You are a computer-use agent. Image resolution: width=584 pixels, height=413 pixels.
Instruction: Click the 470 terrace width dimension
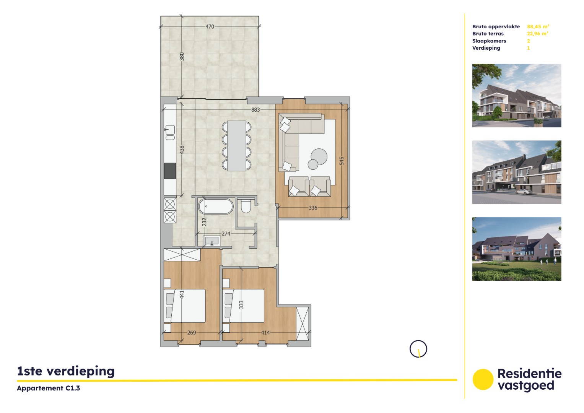pyautogui.click(x=210, y=27)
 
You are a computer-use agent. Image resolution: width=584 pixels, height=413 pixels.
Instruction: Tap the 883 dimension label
pyautogui.click(x=255, y=110)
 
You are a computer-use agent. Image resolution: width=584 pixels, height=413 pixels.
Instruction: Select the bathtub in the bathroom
pyautogui.click(x=215, y=206)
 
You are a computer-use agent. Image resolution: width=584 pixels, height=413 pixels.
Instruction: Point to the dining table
pyautogui.click(x=236, y=146)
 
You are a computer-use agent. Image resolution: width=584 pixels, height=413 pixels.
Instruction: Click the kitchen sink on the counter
pyautogui.click(x=169, y=130)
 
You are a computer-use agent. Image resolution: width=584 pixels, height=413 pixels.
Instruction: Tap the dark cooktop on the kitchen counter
pyautogui.click(x=170, y=171)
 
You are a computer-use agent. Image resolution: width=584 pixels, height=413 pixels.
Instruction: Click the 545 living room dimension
pyautogui.click(x=342, y=161)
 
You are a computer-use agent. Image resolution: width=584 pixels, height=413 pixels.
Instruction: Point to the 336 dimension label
pyautogui.click(x=313, y=208)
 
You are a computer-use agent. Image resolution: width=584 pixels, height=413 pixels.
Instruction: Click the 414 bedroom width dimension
pyautogui.click(x=265, y=333)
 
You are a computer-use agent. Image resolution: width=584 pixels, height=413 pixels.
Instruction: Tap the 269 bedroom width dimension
pyautogui.click(x=192, y=333)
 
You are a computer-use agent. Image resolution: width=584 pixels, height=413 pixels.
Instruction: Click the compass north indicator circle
pyautogui.click(x=418, y=349)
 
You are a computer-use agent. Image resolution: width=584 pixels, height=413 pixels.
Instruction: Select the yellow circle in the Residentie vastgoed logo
pyautogui.click(x=483, y=379)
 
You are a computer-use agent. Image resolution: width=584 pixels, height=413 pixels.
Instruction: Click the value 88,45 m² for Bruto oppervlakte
pyautogui.click(x=538, y=27)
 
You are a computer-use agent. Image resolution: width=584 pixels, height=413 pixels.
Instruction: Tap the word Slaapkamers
pyautogui.click(x=489, y=41)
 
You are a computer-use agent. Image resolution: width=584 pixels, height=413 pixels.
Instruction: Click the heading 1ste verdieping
pyautogui.click(x=66, y=371)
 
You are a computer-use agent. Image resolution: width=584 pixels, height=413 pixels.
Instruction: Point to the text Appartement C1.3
pyautogui.click(x=49, y=388)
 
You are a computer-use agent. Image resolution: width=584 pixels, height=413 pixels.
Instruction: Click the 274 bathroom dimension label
pyautogui.click(x=226, y=234)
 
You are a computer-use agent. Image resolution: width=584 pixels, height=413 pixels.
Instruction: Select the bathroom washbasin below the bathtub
pyautogui.click(x=211, y=241)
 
